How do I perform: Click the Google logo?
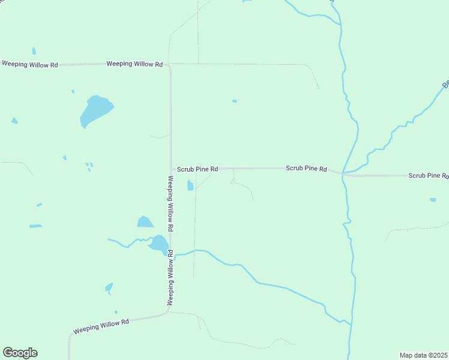tap(20, 353)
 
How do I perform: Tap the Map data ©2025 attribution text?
tap(423, 355)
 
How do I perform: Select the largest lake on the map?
tap(95, 110)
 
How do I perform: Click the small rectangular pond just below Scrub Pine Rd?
tap(190, 185)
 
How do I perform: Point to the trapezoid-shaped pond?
tap(145, 222)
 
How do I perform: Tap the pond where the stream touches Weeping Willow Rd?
tap(159, 243)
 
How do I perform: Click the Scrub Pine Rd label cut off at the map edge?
tap(428, 176)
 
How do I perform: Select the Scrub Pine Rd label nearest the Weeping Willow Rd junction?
tap(197, 170)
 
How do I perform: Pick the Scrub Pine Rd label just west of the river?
tap(306, 169)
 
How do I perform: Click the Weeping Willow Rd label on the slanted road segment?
tap(101, 326)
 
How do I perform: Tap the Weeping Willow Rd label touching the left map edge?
tap(29, 64)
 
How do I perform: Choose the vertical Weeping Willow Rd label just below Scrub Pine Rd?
tap(171, 204)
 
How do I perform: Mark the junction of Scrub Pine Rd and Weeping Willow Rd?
tap(171, 169)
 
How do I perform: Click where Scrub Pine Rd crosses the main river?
tap(343, 173)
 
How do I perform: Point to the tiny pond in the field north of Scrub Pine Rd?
tap(234, 101)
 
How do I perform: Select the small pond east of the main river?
tap(433, 199)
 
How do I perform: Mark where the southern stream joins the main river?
tap(350, 324)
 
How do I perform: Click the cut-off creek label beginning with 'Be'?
tap(445, 84)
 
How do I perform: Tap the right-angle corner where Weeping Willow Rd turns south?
tap(170, 65)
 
